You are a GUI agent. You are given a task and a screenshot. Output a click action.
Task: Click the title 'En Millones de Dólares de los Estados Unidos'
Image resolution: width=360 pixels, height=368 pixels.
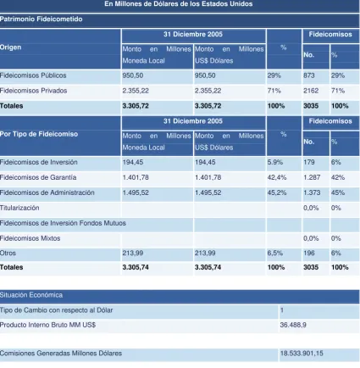179,4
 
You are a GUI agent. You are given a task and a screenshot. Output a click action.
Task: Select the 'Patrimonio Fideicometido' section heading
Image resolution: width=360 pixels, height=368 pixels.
42,20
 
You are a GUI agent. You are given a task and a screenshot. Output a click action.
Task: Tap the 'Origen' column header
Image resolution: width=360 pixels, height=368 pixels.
10,47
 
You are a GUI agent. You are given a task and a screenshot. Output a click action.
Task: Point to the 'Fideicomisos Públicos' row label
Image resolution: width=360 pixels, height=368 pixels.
33,75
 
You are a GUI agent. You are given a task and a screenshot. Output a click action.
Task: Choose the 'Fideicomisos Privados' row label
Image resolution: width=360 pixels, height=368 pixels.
33,91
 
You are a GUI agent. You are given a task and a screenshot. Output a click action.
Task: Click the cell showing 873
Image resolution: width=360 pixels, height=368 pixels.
309,75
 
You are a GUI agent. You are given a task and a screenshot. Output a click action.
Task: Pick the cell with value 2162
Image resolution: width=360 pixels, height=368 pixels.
311,91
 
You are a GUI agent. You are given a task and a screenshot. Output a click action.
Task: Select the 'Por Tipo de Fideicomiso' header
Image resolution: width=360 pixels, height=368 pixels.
39,134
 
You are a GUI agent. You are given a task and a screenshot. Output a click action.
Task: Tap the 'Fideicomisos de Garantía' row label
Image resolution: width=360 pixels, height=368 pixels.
38,177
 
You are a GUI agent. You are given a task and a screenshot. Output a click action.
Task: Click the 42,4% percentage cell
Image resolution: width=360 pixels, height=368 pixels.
277,177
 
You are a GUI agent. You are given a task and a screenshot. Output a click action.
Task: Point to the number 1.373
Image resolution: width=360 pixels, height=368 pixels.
312,192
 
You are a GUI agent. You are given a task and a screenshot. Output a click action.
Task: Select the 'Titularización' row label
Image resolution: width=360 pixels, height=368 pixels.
19,208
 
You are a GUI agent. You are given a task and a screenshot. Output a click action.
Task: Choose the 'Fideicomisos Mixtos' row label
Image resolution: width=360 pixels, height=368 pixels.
30,238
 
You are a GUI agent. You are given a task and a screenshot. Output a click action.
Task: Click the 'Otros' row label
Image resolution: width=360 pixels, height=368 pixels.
8,253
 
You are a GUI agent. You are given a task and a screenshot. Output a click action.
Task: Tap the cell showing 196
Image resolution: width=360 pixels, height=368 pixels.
309,253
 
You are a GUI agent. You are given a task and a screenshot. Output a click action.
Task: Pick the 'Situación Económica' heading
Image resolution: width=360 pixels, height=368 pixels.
31,295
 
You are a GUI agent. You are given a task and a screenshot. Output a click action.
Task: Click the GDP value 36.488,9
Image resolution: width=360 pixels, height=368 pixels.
293,325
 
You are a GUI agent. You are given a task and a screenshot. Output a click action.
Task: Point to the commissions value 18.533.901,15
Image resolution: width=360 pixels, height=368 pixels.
302,354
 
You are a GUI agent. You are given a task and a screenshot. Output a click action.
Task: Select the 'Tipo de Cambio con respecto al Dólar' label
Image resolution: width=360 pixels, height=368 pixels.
57,310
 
